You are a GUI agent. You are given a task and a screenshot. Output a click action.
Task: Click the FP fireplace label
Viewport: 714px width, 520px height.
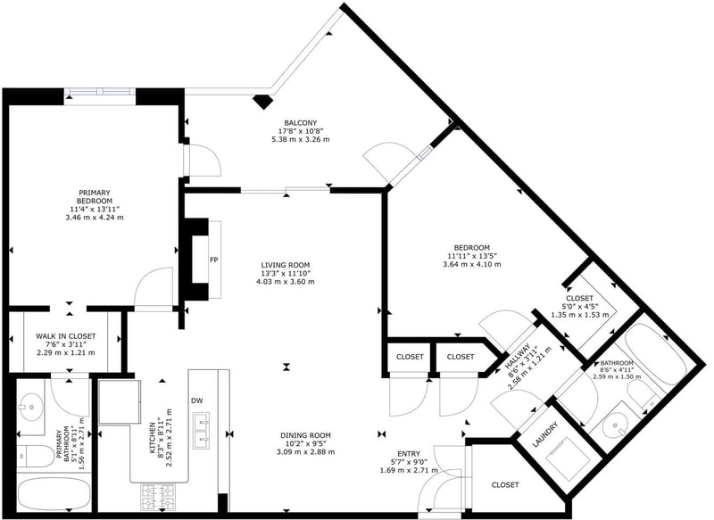click(213, 260)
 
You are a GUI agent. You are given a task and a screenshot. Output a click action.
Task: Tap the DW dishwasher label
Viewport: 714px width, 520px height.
click(196, 400)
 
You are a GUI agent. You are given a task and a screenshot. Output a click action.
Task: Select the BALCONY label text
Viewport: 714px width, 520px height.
click(300, 123)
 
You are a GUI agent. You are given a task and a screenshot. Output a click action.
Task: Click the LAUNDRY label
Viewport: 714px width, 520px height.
click(545, 434)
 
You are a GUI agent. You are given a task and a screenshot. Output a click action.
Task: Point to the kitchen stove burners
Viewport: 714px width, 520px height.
click(158, 496)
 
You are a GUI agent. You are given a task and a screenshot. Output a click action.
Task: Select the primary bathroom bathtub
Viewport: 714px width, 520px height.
click(54, 493)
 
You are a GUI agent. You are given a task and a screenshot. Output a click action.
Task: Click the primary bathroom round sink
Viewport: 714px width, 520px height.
click(31, 405)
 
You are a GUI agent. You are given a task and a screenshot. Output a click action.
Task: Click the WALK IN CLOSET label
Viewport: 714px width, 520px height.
click(66, 336)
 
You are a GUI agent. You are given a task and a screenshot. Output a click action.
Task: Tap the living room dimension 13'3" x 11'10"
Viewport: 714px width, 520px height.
click(286, 273)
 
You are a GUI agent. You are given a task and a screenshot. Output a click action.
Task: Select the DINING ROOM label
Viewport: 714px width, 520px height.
click(305, 435)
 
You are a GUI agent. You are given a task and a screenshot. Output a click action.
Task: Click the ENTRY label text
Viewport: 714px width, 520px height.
click(409, 454)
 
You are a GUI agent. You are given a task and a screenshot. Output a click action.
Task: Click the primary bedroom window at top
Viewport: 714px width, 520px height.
click(100, 92)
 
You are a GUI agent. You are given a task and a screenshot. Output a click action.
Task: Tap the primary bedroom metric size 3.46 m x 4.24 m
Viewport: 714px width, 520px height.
click(95, 218)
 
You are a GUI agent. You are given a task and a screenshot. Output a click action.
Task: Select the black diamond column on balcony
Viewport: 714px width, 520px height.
click(262, 102)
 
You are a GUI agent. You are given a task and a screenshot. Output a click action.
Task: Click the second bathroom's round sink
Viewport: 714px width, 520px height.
click(615, 426)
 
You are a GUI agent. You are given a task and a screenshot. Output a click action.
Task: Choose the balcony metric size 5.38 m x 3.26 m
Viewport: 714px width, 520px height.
click(300, 139)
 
